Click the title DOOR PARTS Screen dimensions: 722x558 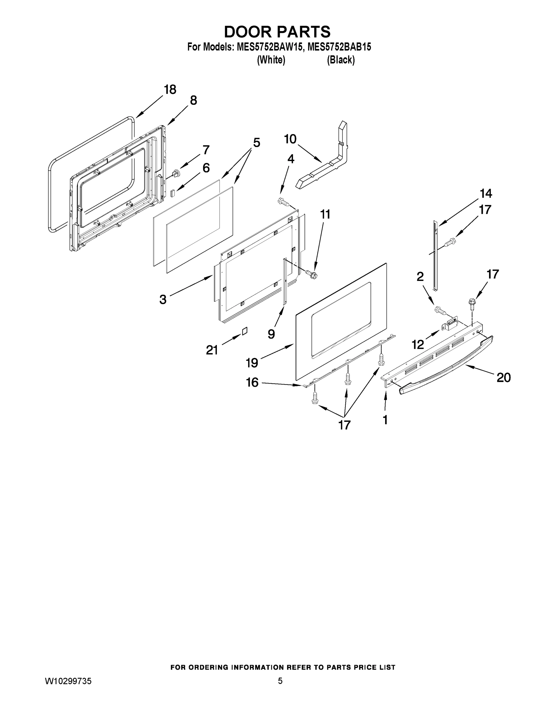point(277,32)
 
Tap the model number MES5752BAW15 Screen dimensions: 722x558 point(270,47)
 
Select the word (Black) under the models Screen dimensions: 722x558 point(341,60)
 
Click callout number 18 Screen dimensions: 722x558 point(170,90)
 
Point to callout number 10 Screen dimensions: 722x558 point(290,139)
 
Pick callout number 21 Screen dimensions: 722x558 point(212,350)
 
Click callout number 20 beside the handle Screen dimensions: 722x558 point(504,377)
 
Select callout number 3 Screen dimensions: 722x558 point(163,300)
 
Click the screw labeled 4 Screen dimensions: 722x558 point(283,201)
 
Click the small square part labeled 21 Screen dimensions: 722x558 point(245,331)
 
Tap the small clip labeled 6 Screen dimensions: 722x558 point(173,193)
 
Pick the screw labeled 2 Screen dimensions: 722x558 point(440,310)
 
